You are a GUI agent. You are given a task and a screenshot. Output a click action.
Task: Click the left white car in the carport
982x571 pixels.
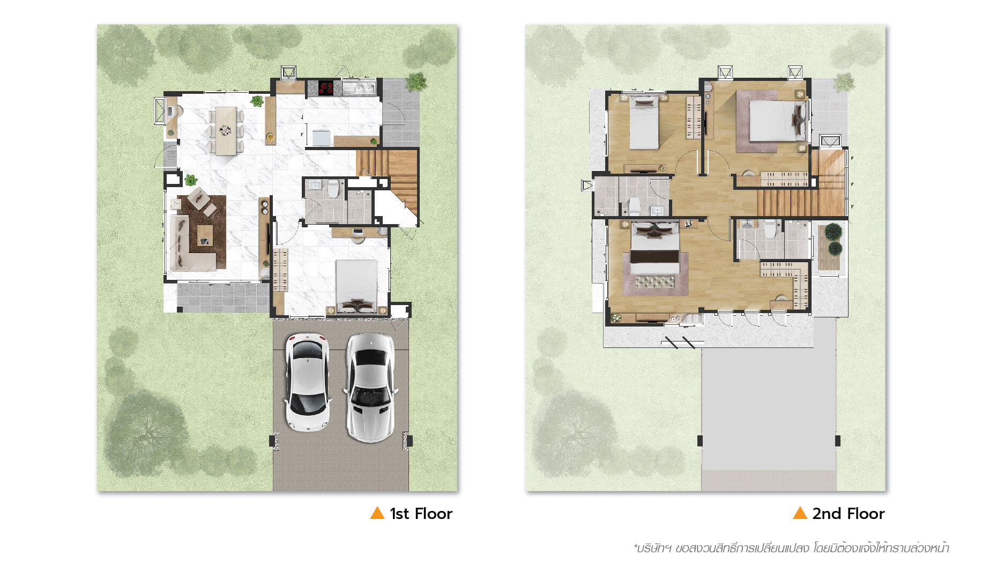pyautogui.click(x=307, y=382)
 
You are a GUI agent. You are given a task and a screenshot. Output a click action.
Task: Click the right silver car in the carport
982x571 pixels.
pyautogui.click(x=371, y=388)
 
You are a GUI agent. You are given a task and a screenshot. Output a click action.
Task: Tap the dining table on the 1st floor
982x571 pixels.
pyautogui.click(x=226, y=130)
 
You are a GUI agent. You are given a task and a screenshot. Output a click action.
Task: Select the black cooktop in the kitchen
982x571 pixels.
pyautogui.click(x=326, y=87)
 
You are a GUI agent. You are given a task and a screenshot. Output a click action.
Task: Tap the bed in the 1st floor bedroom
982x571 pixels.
pyautogui.click(x=356, y=286)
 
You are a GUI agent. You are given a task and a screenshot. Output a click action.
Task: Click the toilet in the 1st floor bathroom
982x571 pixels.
pyautogui.click(x=333, y=189)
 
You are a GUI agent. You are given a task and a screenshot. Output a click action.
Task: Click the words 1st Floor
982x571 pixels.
pyautogui.click(x=421, y=514)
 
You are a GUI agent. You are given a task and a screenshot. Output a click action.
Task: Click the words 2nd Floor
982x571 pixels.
pyautogui.click(x=848, y=514)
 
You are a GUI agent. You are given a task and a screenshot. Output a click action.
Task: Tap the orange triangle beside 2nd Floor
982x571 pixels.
pyautogui.click(x=800, y=513)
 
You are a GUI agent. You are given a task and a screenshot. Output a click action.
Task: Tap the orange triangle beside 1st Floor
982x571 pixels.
pyautogui.click(x=377, y=513)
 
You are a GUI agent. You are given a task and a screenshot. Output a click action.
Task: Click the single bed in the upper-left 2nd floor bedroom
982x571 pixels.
pyautogui.click(x=643, y=122)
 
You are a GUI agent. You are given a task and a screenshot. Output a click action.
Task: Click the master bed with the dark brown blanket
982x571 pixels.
pyautogui.click(x=655, y=249)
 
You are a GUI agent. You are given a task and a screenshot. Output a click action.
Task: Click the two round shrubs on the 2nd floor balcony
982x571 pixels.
pyautogui.click(x=833, y=240)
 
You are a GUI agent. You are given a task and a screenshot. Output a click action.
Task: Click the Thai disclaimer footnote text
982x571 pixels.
pyautogui.click(x=791, y=548)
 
